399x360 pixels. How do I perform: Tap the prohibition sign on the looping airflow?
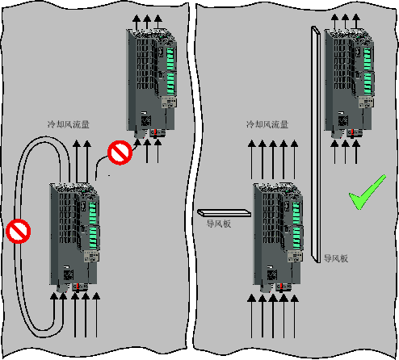pos(19,231)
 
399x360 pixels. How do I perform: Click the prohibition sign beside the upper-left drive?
pos(120,153)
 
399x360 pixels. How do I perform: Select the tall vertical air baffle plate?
pos(316,144)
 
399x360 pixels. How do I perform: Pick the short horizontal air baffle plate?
pos(224,213)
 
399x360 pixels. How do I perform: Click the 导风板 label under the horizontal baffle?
pos(219,224)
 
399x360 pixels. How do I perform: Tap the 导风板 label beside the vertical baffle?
pos(336,258)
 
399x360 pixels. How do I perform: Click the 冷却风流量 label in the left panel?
pos(69,124)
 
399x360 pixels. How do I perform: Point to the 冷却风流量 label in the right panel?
pos(267,124)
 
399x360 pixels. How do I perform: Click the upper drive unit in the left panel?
pos(152,83)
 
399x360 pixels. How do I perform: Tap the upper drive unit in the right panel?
pos(349,83)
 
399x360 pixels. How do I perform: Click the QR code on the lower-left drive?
pos(69,275)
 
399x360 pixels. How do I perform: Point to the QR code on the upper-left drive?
pos(145,121)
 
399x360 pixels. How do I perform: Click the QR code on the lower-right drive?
pos(272,275)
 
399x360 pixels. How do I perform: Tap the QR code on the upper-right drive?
pos(343,121)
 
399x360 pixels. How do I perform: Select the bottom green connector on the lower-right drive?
pos(296,238)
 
